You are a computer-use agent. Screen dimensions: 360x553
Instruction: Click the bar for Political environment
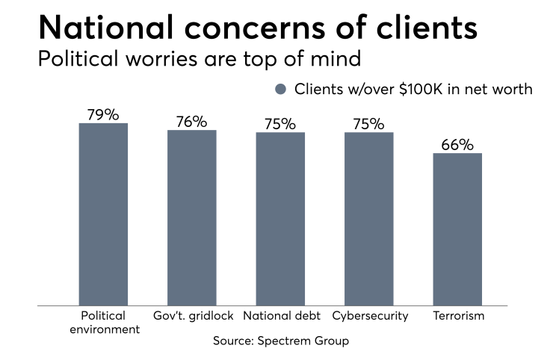tap(103, 214)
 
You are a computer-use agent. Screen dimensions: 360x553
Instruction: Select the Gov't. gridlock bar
tap(192, 217)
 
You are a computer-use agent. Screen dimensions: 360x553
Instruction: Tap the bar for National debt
tap(280, 219)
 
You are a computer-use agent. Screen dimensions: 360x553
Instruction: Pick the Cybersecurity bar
tap(369, 219)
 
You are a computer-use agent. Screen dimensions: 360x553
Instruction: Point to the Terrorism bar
tap(457, 229)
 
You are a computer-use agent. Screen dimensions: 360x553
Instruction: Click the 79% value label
tap(103, 115)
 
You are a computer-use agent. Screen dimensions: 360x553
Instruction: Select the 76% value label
tap(192, 122)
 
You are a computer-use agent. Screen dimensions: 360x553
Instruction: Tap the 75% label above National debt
tap(280, 124)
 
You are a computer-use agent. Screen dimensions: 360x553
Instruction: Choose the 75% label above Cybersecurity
tap(369, 124)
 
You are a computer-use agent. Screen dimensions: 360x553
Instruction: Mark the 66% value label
tap(457, 145)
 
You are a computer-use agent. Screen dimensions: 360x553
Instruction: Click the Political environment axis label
tap(103, 322)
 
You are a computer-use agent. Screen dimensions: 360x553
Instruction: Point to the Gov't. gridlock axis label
tap(192, 316)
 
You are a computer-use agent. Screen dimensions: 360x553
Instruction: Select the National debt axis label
tap(280, 316)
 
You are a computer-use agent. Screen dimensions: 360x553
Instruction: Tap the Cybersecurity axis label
tap(370, 316)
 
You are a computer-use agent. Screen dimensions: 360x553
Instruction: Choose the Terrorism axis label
tap(458, 316)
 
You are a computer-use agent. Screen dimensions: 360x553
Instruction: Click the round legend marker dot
tap(281, 89)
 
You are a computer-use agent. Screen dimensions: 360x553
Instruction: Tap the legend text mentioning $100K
tap(413, 89)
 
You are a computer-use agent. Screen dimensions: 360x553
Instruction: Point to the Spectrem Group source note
tap(281, 341)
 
